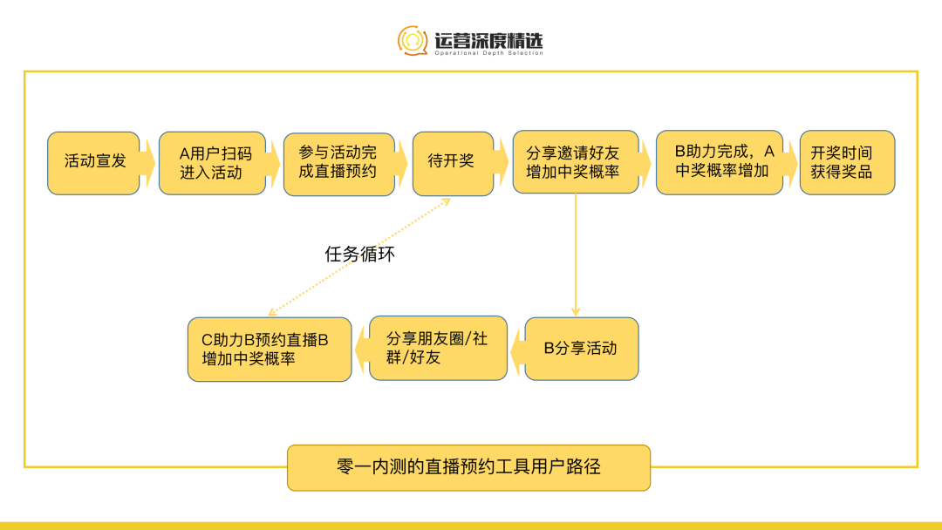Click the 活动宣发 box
[x=93, y=162]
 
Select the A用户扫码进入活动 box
[x=212, y=162]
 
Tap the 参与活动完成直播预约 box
[x=338, y=162]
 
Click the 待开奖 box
[x=452, y=162]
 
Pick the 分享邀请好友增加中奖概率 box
[x=575, y=162]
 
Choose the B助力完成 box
[x=719, y=162]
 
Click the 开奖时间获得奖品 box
[x=846, y=162]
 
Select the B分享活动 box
[x=581, y=349]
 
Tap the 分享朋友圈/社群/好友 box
[x=438, y=349]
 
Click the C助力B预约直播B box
[x=270, y=349]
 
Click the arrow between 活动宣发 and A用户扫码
[x=148, y=162]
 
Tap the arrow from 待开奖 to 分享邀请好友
[x=502, y=162]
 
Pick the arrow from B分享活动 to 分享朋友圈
[x=515, y=349]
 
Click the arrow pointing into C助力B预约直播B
[x=360, y=349]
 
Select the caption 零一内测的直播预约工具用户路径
[x=468, y=467]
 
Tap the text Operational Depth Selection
[x=488, y=53]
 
